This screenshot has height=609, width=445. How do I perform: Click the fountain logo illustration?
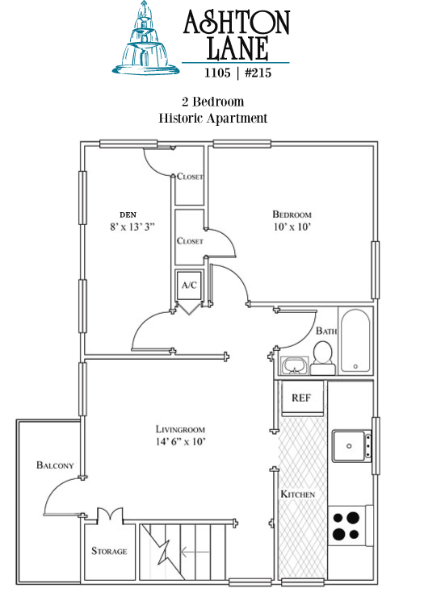tap(146, 39)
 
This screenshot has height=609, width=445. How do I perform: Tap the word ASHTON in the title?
tap(237, 22)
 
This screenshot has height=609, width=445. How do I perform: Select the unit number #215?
tap(258, 73)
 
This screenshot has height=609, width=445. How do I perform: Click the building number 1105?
tap(218, 73)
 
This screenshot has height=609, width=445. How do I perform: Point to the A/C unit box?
tap(189, 286)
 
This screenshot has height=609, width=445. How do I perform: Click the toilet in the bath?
tap(322, 357)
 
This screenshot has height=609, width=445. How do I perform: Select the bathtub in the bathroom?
tap(355, 340)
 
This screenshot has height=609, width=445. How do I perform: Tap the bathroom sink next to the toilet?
tap(295, 365)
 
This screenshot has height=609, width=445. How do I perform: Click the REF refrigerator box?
tap(302, 398)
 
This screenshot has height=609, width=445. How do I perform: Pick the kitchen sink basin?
tap(349, 446)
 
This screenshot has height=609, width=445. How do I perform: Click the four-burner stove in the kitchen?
tap(346, 525)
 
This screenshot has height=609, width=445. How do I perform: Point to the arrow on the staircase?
tap(195, 552)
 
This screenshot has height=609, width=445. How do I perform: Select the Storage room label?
tap(109, 551)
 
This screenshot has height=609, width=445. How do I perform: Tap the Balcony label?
tap(55, 465)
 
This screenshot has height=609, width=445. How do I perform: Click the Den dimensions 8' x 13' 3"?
tap(132, 227)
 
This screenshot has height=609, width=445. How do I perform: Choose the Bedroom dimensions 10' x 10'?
tap(292, 227)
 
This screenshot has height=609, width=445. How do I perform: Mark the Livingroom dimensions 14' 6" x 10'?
tap(180, 441)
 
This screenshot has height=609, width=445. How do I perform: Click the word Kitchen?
tap(297, 494)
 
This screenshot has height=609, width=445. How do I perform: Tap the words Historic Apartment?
tap(213, 118)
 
